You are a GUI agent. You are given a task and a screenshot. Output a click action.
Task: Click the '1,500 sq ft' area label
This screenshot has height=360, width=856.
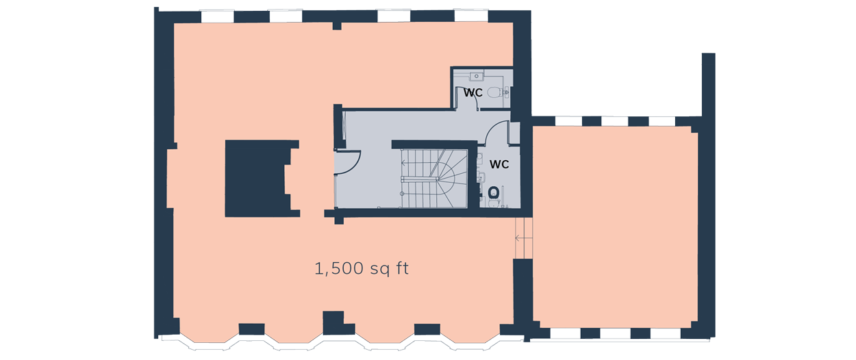pyautogui.click(x=362, y=269)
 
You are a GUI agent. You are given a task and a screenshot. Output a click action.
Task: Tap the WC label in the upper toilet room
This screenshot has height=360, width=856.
pyautogui.click(x=473, y=92)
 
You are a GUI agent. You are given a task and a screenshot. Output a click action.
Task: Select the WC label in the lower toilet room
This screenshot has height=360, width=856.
pyautogui.click(x=499, y=164)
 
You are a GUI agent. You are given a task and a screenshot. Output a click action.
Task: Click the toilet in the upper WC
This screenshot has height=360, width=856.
pyautogui.click(x=503, y=91)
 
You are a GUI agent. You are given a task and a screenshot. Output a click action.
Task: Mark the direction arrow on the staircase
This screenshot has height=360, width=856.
pyautogui.click(x=405, y=163)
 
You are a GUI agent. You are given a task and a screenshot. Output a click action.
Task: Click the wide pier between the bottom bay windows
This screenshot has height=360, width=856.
pyautogui.click(x=333, y=322)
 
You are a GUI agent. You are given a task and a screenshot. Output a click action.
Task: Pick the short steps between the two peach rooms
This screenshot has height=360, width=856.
pyautogui.click(x=523, y=238)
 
